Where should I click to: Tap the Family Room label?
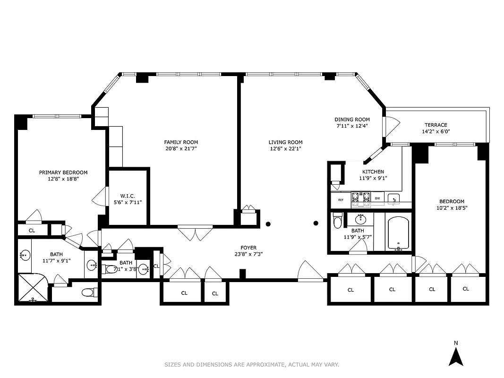(181, 142)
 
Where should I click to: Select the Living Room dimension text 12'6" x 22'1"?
(285, 149)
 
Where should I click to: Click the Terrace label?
(436, 125)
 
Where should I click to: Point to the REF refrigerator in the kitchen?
(341, 199)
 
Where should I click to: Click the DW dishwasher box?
(377, 198)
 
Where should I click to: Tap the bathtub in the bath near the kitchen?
(399, 233)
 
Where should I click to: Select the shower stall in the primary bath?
(34, 287)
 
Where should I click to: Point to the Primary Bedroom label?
(63, 172)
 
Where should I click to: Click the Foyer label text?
(248, 247)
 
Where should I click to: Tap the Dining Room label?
(352, 120)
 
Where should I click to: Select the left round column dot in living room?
(268, 223)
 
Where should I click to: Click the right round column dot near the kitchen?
(316, 223)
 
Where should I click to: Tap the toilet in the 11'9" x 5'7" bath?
(337, 221)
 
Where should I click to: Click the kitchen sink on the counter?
(393, 199)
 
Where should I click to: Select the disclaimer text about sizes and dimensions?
(251, 364)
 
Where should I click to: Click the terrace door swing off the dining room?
(392, 125)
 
